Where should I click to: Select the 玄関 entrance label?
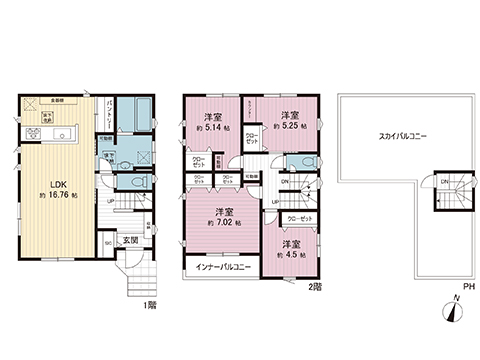coord(131,240)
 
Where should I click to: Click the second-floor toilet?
coord(299,165)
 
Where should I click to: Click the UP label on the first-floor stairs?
coord(109,201)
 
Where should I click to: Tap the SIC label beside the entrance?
coord(108,243)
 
